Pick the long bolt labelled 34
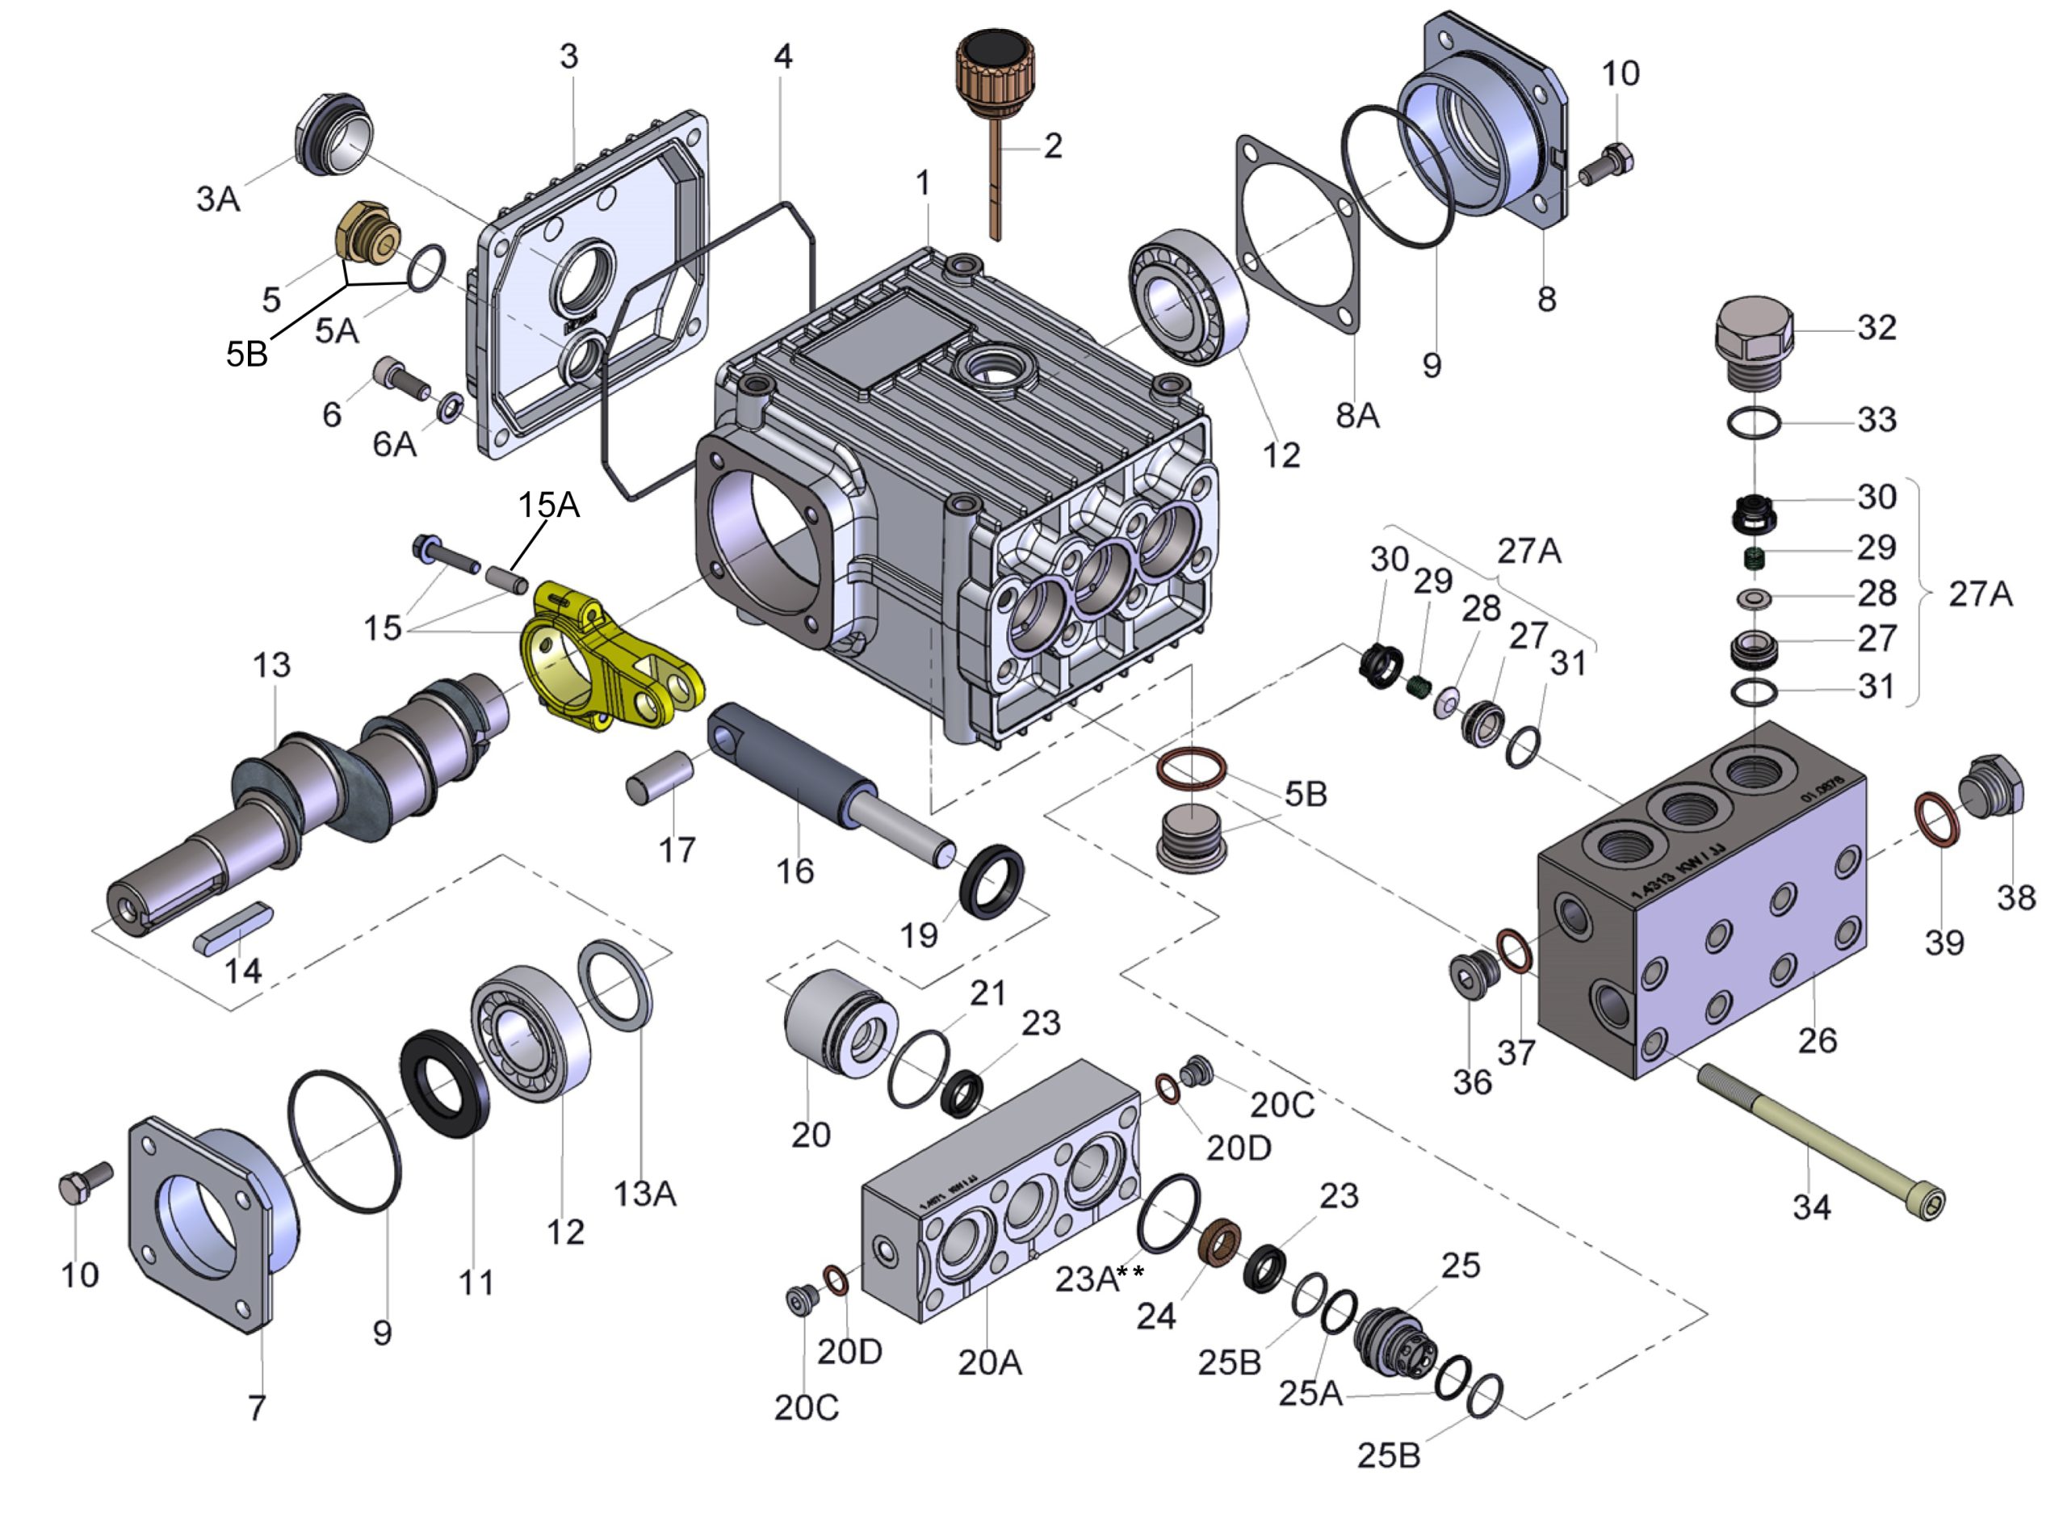pyautogui.click(x=1817, y=1135)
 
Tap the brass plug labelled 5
pyautogui.click(x=367, y=231)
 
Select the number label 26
pyautogui.click(x=1816, y=1040)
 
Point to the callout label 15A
pyautogui.click(x=548, y=505)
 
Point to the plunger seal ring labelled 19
pyautogui.click(x=992, y=880)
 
